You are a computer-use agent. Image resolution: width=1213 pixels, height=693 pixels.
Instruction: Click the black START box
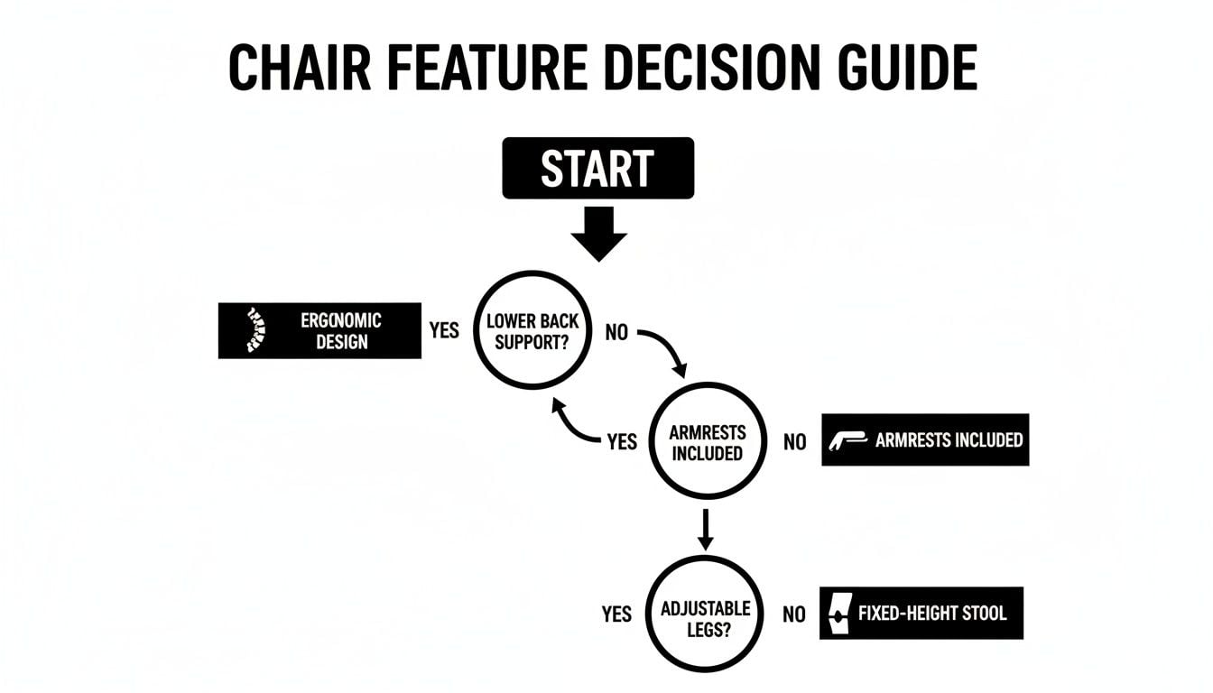pos(597,168)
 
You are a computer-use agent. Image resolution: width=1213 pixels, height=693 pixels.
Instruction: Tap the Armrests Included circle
pos(707,442)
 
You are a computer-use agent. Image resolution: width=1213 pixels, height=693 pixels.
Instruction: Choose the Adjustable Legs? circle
pos(706,614)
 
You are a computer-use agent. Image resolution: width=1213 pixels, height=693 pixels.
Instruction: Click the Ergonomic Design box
pos(319,330)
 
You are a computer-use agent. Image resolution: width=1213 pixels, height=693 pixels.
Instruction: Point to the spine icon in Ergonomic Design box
pos(254,330)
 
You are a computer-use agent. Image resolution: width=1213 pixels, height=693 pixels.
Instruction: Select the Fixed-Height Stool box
pos(921,614)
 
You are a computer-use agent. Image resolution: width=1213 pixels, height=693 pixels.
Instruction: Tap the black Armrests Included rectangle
pos(925,440)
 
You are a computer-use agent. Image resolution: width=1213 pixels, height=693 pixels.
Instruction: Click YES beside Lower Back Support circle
pos(443,330)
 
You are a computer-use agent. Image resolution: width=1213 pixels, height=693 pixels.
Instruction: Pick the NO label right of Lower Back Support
pos(616,333)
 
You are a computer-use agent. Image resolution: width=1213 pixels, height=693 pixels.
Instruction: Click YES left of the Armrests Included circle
pos(622,442)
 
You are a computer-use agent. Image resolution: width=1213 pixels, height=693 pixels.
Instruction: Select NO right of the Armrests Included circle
pos(794,442)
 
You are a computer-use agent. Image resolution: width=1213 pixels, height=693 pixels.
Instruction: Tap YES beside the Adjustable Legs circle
pos(616,614)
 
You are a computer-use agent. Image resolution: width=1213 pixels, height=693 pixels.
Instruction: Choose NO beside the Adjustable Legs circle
pos(793,614)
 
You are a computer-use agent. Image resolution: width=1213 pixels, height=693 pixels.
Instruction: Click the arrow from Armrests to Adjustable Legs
pos(706,529)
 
